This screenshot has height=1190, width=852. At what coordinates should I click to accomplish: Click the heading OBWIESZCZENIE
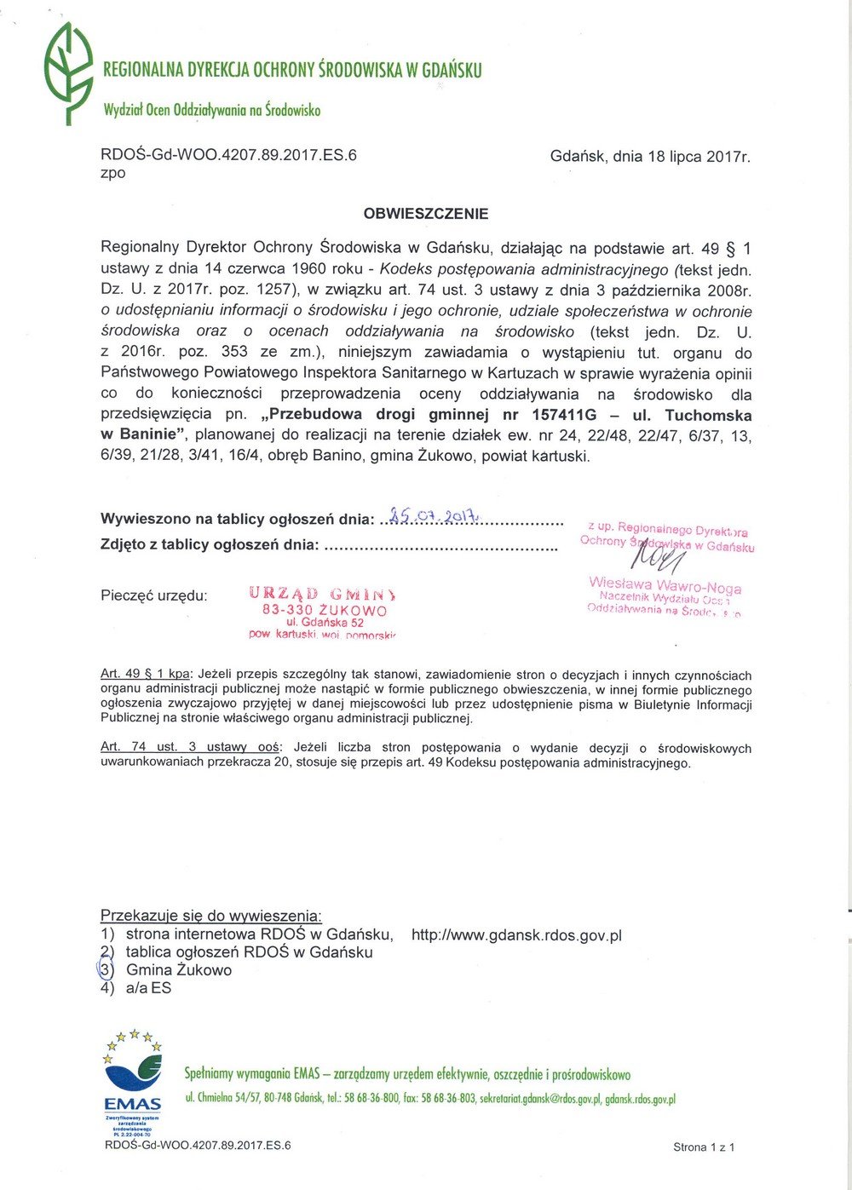click(x=426, y=214)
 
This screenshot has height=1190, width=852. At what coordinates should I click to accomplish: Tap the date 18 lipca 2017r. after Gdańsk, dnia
click(x=699, y=157)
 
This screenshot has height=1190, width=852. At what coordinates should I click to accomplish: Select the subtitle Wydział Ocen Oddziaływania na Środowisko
click(x=211, y=110)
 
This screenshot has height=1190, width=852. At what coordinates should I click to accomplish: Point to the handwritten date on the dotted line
click(x=435, y=515)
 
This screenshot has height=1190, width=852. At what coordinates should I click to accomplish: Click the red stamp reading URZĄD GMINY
click(x=322, y=595)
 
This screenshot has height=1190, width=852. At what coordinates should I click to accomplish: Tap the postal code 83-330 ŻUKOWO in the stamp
click(x=324, y=610)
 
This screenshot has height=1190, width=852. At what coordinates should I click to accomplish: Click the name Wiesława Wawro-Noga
click(x=665, y=585)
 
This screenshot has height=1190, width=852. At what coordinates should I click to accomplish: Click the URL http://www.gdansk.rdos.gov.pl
click(x=516, y=935)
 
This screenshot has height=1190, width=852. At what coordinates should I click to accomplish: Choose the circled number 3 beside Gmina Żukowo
click(x=106, y=969)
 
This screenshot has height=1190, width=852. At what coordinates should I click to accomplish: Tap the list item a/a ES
click(x=148, y=988)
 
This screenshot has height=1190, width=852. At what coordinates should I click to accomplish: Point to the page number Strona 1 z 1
click(x=704, y=1147)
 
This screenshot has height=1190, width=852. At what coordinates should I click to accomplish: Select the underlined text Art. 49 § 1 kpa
click(x=146, y=675)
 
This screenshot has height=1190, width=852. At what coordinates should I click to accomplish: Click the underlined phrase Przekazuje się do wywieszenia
click(x=211, y=916)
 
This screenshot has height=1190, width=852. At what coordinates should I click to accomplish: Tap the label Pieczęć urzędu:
click(x=154, y=595)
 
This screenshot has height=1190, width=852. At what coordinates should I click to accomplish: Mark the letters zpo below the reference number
click(x=113, y=172)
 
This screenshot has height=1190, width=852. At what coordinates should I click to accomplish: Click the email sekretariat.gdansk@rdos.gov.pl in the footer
click(x=540, y=1099)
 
